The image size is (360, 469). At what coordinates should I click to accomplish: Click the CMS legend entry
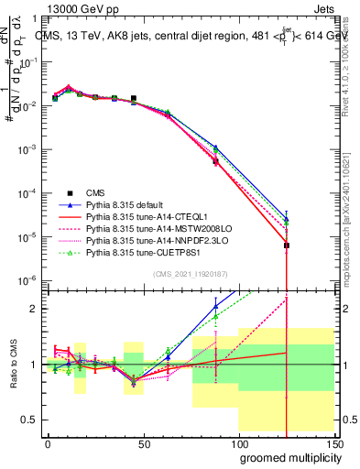point(96,192)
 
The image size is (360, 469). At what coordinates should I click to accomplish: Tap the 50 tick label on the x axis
point(143,443)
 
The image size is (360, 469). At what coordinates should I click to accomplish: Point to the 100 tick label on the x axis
point(237,443)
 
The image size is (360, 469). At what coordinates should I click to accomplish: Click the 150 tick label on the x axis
point(333,443)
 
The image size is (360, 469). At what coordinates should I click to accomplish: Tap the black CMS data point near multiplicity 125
point(287,245)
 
